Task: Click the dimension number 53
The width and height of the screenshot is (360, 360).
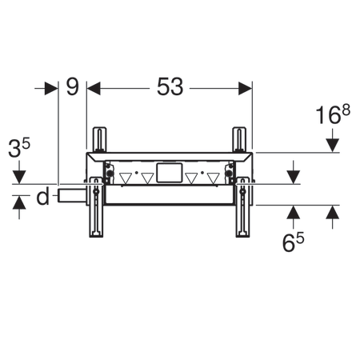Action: (170, 87)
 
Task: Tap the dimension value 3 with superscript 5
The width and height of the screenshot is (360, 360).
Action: (19, 150)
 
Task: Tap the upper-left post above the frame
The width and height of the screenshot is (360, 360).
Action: (100, 139)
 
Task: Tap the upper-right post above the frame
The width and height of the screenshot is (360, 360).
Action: (238, 139)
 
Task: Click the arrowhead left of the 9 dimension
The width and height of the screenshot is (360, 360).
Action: (50, 87)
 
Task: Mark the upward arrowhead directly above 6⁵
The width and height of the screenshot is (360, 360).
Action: (294, 212)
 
